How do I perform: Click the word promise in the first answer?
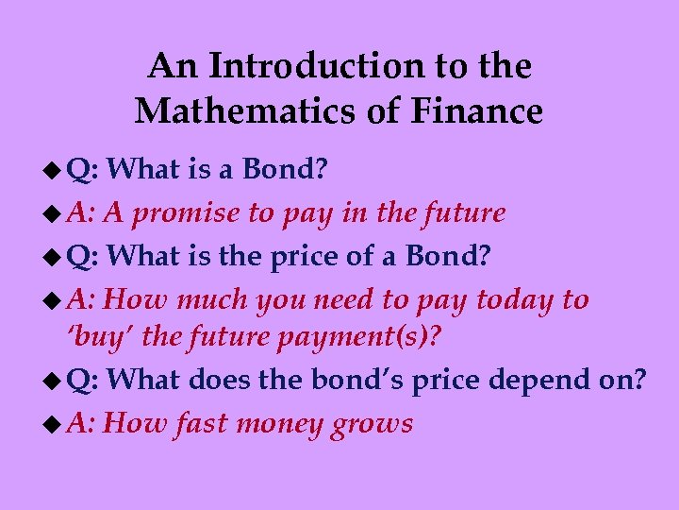coord(187,214)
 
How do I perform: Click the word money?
coord(280,424)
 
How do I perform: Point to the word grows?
coord(373,424)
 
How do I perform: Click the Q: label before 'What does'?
coord(86,380)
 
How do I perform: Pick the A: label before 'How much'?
coord(83,300)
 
